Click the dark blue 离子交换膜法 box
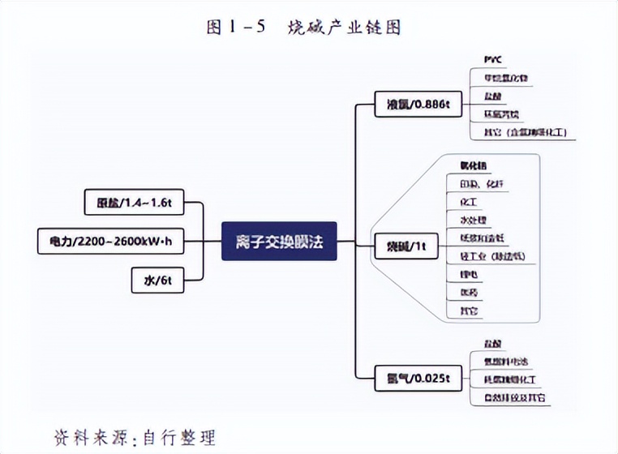point(278,241)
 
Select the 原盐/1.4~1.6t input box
point(134,201)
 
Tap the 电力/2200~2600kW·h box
point(109,241)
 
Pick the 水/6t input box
point(157,281)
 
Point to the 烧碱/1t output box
point(406,245)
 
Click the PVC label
point(493,60)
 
